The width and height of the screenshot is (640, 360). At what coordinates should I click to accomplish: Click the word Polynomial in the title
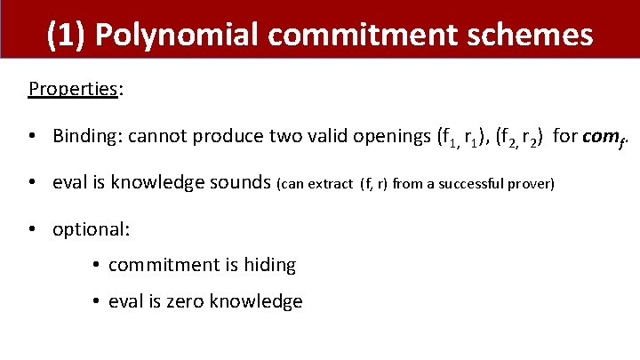tap(171, 35)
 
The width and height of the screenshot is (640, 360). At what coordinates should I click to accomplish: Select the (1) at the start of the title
tap(65, 35)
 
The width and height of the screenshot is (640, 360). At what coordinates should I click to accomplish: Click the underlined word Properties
tap(74, 89)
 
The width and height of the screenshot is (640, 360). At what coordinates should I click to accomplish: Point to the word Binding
tap(86, 136)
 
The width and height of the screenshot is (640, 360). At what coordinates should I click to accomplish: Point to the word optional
tap(91, 229)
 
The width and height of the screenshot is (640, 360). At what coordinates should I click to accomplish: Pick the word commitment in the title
tap(362, 35)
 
